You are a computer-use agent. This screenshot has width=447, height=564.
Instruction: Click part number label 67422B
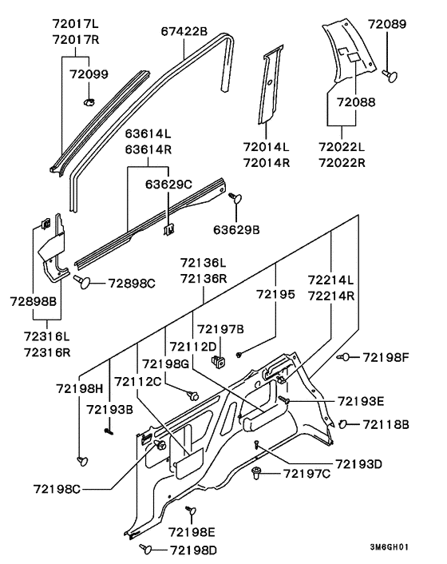tap(184, 31)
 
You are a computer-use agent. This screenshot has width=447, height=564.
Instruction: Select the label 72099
tap(89, 74)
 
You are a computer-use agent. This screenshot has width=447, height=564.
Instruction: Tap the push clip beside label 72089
tap(390, 76)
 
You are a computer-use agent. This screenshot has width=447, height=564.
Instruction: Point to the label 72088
tap(356, 102)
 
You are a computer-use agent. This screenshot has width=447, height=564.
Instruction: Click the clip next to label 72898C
tap(83, 282)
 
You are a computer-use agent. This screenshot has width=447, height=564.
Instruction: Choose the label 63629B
tap(236, 229)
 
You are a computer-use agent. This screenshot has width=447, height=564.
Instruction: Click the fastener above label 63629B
tap(235, 197)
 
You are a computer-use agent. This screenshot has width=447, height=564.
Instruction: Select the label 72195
tap(275, 294)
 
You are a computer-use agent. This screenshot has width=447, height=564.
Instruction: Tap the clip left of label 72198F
tap(343, 357)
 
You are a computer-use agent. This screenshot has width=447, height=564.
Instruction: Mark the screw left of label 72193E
tap(284, 399)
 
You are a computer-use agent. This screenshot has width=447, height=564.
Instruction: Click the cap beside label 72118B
tap(342, 424)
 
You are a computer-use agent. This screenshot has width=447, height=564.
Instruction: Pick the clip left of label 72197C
tap(256, 473)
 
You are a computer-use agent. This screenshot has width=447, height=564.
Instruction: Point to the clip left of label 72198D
tap(146, 549)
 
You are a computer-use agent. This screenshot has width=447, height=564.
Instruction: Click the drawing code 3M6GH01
tap(390, 547)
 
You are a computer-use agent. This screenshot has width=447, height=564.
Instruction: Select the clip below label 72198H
tap(83, 460)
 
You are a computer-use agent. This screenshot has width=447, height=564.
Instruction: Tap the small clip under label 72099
tap(89, 101)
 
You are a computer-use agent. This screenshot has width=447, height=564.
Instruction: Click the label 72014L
tap(267, 147)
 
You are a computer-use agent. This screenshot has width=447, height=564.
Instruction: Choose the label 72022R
tap(342, 163)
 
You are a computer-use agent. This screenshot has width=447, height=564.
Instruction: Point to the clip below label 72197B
tap(219, 361)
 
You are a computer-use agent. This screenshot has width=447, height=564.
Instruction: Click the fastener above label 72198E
tap(191, 510)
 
